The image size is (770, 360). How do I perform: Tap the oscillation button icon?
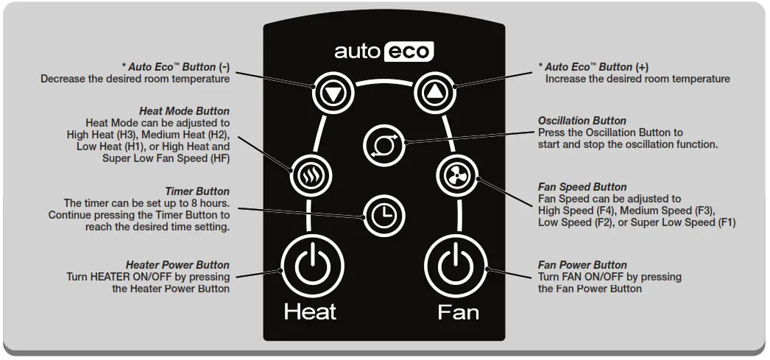pos(384,143)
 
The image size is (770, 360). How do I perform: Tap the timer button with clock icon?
pos(383,213)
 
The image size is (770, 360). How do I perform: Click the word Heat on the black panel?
pos(310,311)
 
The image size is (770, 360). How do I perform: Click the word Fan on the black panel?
pos(458,311)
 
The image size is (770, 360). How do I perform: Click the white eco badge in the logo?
pos(411,52)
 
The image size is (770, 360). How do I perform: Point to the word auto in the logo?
pos(358,52)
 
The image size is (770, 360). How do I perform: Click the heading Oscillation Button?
pos(582,121)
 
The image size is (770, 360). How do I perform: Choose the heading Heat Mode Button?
pos(184,111)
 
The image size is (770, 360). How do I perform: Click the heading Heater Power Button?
pos(177,265)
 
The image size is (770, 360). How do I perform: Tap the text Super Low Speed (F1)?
pos(677,222)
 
